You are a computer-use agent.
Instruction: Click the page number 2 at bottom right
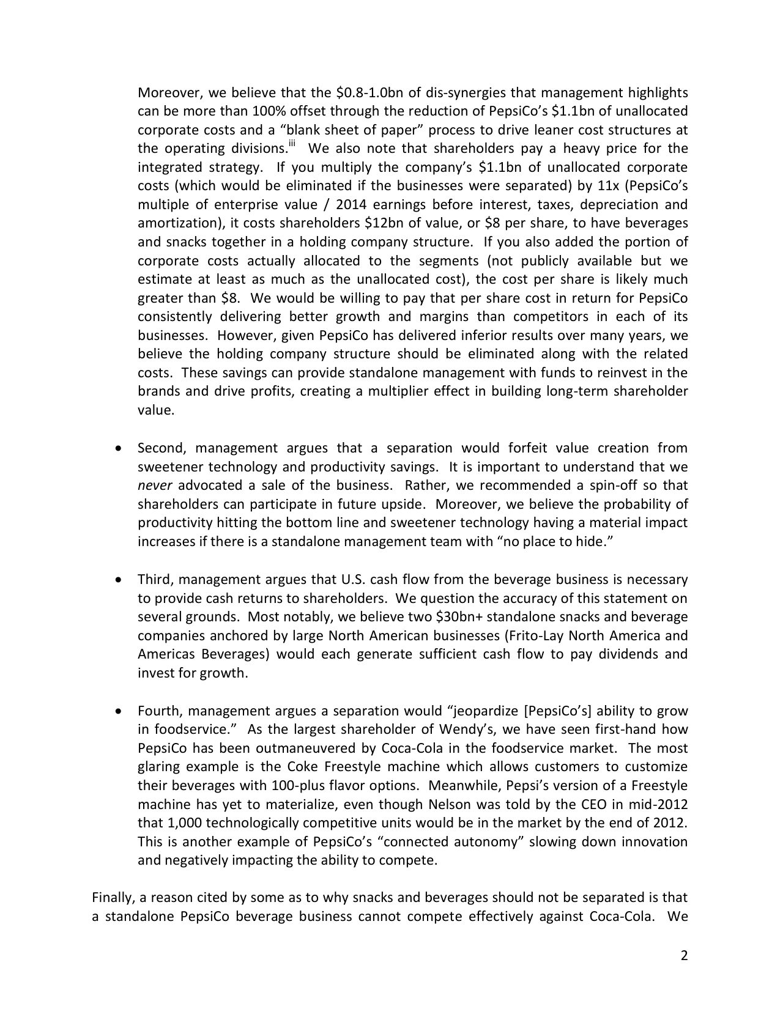tap(684, 956)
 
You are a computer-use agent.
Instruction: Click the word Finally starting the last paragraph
tap(112, 898)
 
